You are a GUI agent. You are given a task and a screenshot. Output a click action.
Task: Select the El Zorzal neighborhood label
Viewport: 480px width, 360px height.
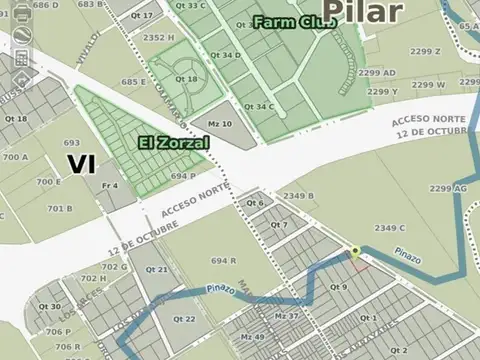[x=174, y=143]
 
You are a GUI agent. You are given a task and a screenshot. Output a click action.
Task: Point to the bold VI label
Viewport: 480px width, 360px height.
[x=81, y=164]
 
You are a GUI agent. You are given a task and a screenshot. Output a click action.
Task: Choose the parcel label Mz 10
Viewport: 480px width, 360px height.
[x=220, y=124]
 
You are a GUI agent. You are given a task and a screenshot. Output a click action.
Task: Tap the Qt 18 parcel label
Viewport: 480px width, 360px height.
[x=186, y=79]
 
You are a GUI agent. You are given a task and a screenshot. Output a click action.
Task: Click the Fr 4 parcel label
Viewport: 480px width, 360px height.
[x=109, y=185]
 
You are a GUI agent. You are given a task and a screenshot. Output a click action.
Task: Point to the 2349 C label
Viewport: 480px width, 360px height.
[x=389, y=228]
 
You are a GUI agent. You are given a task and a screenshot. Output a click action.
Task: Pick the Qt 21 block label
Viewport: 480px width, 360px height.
[x=156, y=269]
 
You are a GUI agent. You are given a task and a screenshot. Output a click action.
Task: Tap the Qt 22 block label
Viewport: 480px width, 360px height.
[x=184, y=319]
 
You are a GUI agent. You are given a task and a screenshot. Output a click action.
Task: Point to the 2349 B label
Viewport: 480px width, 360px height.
[x=297, y=196]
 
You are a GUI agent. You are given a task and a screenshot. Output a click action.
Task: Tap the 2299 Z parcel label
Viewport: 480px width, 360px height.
[x=424, y=51]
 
